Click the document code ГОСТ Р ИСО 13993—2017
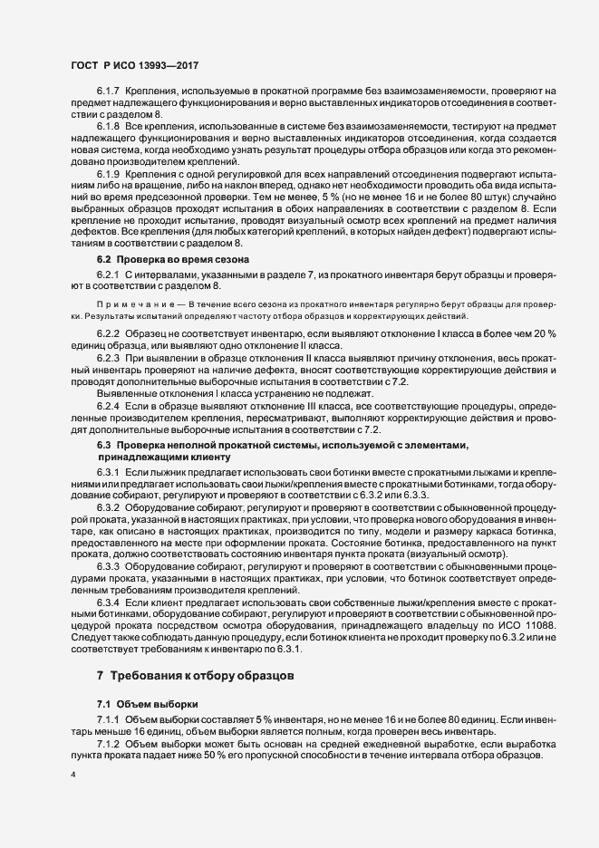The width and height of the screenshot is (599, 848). point(135,65)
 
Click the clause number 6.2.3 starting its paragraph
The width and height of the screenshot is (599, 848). point(110,360)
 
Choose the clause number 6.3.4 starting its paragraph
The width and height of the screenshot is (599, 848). point(110,602)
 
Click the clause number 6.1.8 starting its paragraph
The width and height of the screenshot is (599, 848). point(110,127)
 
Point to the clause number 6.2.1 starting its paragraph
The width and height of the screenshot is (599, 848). point(110,275)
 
